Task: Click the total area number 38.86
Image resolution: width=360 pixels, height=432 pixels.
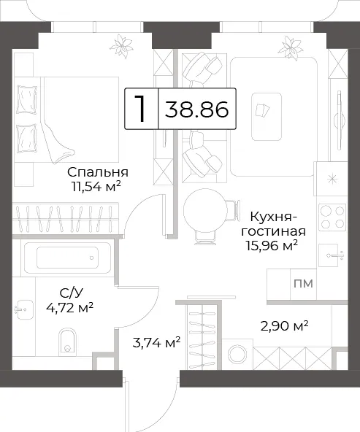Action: (197, 109)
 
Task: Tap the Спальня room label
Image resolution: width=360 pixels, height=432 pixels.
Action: (98, 172)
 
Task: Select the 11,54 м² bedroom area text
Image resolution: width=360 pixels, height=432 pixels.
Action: (96, 187)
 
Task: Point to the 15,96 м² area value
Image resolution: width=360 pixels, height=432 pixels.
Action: (272, 245)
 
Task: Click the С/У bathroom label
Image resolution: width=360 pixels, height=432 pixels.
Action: (71, 293)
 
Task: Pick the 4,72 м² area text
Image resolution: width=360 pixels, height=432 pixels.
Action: (70, 307)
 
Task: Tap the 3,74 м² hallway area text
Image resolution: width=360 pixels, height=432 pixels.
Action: (156, 343)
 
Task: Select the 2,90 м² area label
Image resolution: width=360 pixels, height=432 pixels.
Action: (284, 326)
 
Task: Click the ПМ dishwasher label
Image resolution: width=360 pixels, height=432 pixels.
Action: (303, 283)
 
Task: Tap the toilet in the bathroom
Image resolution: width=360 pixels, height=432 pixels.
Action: (67, 342)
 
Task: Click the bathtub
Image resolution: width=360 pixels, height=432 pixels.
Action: (67, 258)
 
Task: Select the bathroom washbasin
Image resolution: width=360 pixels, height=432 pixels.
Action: (24, 309)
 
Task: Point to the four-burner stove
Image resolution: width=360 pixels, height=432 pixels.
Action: (332, 217)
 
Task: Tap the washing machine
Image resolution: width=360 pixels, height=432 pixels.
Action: (237, 354)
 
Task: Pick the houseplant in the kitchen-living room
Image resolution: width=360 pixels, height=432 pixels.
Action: (290, 48)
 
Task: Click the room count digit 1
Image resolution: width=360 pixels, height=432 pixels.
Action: (141, 109)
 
